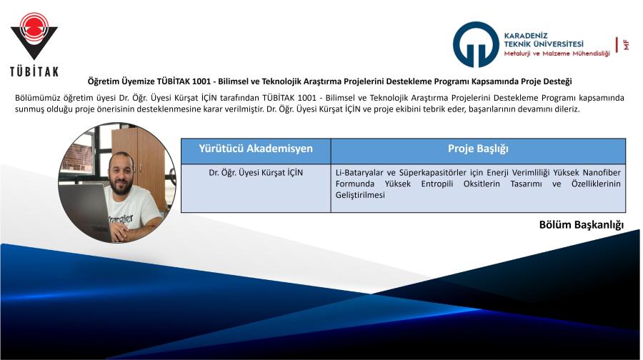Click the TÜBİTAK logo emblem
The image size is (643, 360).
click(x=34, y=36)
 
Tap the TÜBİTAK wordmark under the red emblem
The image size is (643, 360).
click(x=34, y=71)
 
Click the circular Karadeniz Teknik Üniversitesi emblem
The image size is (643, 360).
click(x=476, y=44)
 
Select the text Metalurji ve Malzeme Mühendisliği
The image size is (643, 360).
click(x=557, y=54)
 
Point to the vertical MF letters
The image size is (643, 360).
click(x=626, y=44)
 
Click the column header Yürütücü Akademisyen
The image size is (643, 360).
click(x=256, y=149)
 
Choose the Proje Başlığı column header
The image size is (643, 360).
click(x=478, y=149)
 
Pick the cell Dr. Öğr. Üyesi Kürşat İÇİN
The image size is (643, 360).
click(x=256, y=173)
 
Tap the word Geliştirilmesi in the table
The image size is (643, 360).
click(x=360, y=195)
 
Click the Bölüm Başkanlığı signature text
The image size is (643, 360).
click(x=581, y=225)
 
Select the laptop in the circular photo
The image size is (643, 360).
click(x=87, y=210)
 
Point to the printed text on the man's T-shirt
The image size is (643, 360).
click(x=121, y=220)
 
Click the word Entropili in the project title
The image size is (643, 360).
click(x=437, y=184)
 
